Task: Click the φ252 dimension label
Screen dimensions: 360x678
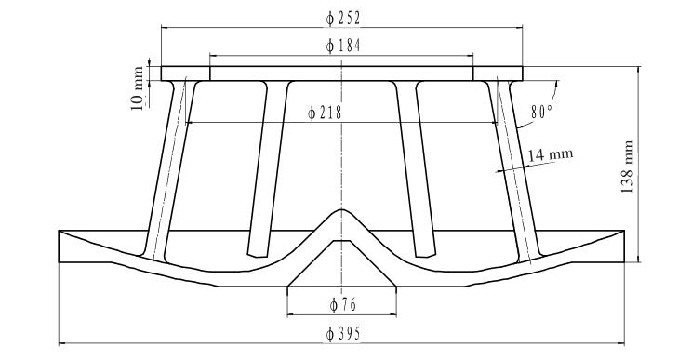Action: click(x=342, y=18)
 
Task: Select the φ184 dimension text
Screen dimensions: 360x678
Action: click(x=342, y=46)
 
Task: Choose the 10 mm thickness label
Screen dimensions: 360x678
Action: click(x=139, y=88)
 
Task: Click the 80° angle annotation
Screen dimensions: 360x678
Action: click(x=542, y=111)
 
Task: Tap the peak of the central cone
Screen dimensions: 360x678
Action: click(x=342, y=209)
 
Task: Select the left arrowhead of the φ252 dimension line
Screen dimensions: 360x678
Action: click(x=164, y=27)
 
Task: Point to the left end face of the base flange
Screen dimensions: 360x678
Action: click(x=60, y=247)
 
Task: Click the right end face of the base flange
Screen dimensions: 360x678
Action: click(x=622, y=247)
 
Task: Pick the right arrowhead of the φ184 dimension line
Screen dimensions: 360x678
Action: click(x=472, y=55)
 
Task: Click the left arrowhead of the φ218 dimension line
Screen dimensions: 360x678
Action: click(x=190, y=122)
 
